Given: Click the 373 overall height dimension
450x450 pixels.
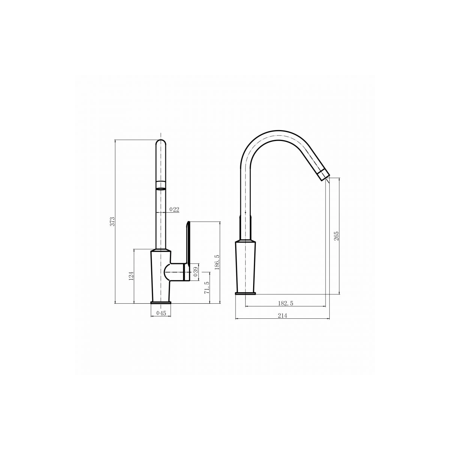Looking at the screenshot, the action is (112, 221).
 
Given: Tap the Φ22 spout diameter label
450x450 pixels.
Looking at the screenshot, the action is (174, 210).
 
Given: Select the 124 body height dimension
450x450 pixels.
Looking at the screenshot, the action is (132, 276).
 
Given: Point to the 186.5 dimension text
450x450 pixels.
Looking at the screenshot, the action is (217, 262).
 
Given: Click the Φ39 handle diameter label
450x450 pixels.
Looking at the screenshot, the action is (195, 272).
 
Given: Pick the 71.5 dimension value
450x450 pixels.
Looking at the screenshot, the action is (206, 288).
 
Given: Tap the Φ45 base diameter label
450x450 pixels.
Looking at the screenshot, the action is (161, 313).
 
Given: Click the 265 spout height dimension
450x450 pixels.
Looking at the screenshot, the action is (336, 236).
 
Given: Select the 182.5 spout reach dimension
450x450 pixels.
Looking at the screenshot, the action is (286, 303).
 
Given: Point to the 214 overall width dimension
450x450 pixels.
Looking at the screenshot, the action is (283, 316).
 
